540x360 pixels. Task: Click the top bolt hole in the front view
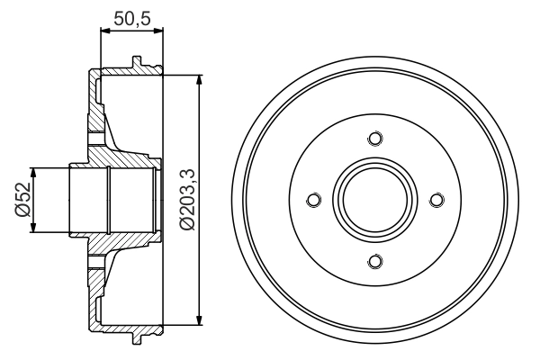point(375,139)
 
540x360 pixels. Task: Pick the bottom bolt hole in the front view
point(375,261)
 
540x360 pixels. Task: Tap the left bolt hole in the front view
point(314,200)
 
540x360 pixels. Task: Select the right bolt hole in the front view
point(436,200)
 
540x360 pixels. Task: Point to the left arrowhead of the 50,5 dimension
point(103,32)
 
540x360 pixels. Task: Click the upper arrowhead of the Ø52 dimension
point(34,171)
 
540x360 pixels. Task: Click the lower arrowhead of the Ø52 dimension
point(34,229)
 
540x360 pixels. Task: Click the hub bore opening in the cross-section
point(90,200)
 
